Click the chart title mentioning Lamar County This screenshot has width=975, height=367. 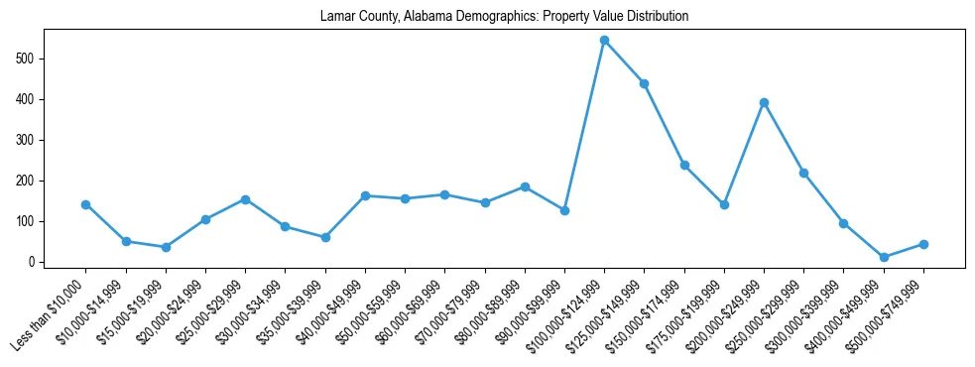coord(504,17)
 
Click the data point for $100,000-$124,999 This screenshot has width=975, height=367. coord(604,41)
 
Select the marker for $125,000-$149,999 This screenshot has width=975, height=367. coord(644,83)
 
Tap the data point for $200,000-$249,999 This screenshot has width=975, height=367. coord(764,102)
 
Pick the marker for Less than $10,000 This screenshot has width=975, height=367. coord(85,204)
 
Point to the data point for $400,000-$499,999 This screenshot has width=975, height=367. coord(884,257)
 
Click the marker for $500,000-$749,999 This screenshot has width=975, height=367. coord(923,244)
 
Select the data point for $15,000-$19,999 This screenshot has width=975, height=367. coord(166,247)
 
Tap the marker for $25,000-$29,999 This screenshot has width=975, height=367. coord(245,199)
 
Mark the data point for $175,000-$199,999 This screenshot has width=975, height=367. coord(724,204)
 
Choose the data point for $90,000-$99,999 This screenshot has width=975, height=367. coord(564,210)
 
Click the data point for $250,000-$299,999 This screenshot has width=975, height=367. coord(803,173)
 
